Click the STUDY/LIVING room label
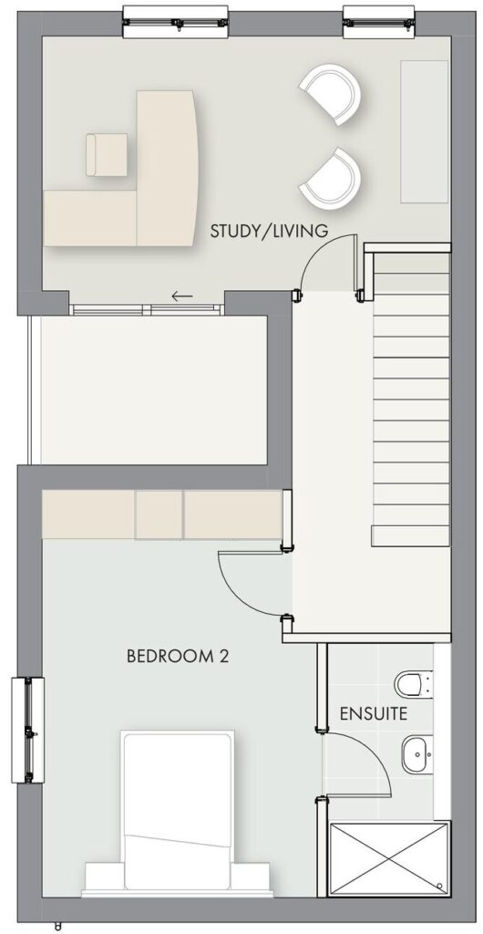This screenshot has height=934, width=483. click(x=269, y=231)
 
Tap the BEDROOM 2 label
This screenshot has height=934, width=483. click(x=178, y=657)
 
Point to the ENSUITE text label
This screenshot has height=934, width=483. click(x=374, y=713)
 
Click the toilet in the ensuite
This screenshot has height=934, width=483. click(x=414, y=683)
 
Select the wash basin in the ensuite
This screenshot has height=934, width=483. click(x=417, y=753)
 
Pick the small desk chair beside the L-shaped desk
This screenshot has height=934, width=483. click(x=106, y=155)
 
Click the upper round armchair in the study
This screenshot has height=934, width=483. click(x=331, y=94)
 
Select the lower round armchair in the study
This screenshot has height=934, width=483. click(x=331, y=177)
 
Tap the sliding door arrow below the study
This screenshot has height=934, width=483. click(x=182, y=296)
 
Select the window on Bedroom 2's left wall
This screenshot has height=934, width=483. click(x=28, y=730)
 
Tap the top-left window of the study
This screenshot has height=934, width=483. click(x=175, y=22)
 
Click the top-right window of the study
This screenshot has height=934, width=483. click(x=378, y=22)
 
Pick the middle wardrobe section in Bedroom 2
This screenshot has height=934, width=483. click(x=159, y=514)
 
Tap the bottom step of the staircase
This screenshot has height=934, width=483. click(x=410, y=536)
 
